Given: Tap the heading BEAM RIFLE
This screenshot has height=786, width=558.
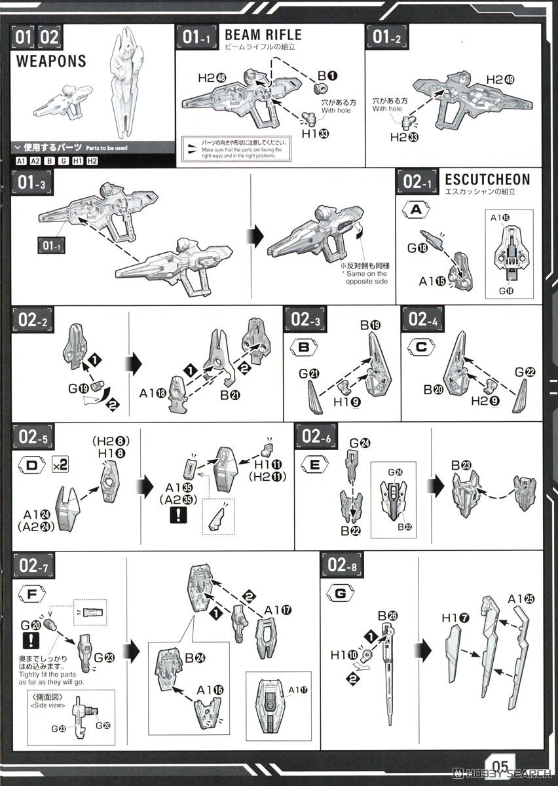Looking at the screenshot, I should [263, 35].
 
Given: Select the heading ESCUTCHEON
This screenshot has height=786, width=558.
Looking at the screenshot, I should [487, 179].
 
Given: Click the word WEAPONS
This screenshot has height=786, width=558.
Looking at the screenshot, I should [50, 61].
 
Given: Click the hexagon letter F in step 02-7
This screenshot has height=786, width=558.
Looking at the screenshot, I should [34, 594].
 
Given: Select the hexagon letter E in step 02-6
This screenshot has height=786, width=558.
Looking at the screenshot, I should [314, 466].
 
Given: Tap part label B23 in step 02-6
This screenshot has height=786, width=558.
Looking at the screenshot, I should [461, 466].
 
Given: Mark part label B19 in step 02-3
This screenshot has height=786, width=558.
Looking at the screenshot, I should [369, 325].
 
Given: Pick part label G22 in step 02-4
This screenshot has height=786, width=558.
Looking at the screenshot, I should [525, 371].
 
